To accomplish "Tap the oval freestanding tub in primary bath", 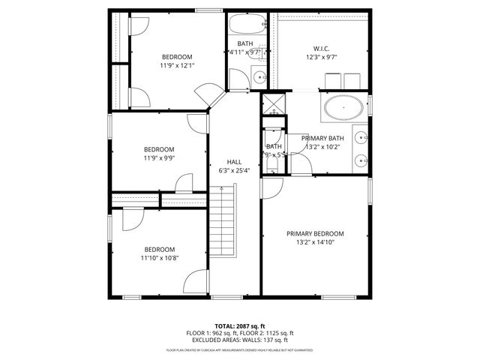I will (344, 108).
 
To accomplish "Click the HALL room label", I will (235, 162).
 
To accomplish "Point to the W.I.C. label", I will (322, 48).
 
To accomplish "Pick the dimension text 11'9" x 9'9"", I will (159, 157).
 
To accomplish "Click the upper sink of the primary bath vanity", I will (361, 137).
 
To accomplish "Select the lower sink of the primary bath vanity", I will (361, 160).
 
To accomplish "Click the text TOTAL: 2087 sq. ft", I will (240, 326).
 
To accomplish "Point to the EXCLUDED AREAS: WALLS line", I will (240, 340).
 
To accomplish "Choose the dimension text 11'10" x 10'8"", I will (160, 258).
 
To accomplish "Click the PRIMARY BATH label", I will (322, 138).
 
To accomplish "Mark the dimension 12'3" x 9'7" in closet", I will (322, 57).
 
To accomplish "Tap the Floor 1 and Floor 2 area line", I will (240, 333).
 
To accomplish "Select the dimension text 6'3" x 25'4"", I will (235, 171).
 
